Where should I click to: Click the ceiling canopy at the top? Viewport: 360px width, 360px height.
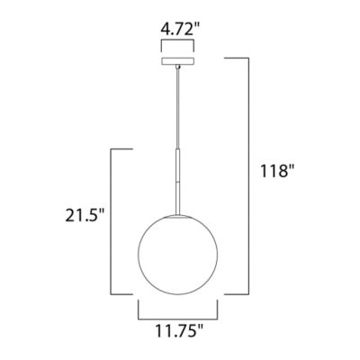[x=180, y=63]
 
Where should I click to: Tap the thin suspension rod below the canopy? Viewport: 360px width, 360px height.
[x=180, y=108]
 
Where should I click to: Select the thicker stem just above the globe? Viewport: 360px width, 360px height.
[x=180, y=180]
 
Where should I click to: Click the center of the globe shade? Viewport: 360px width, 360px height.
[x=180, y=253]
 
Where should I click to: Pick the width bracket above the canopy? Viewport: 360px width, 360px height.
[x=180, y=41]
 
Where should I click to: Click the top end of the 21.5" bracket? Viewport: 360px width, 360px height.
[x=133, y=148]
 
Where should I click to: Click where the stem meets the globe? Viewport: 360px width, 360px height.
[x=180, y=211]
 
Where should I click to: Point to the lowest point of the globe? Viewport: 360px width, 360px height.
[x=180, y=295]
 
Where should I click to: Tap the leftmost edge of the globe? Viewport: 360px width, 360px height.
[x=138, y=253]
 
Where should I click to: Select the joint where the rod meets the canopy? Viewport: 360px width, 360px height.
[x=180, y=69]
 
